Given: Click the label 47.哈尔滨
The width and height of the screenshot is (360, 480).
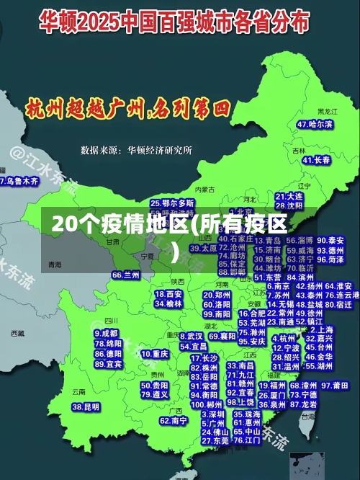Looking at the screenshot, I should pos(315,124).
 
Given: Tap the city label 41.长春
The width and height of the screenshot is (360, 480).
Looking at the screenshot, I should pos(315,159).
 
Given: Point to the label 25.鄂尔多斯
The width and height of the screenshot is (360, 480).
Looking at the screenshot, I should pos(172,203).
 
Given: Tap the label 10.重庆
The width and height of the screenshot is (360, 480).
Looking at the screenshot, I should pos(156,354).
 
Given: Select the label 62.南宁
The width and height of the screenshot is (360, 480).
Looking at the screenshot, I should pos(174,420).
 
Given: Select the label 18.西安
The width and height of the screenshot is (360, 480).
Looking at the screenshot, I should pos(169,294).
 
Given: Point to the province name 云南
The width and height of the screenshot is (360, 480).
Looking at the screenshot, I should pos(78,392).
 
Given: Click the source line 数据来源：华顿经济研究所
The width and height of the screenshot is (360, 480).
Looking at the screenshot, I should pos(137,150).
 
